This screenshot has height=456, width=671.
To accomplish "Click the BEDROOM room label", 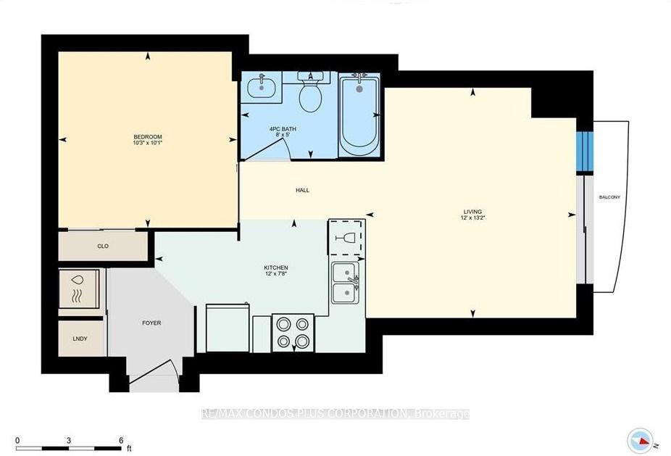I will pos(147,137).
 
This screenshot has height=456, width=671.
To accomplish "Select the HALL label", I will pos(302,190).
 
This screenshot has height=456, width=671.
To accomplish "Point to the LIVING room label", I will pos(472,212).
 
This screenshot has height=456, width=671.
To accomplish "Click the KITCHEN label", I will pos(276,268).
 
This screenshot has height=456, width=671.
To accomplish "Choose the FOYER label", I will pos(151,323).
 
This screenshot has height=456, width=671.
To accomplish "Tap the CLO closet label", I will pos(103,246).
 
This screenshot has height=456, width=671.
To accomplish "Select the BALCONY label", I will pos(609,197).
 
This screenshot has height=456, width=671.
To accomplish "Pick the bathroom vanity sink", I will pos(261,87).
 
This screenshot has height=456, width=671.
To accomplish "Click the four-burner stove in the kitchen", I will pos(293,333).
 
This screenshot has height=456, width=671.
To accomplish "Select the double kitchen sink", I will pos(346,283).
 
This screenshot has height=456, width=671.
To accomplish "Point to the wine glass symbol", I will pos(347,237).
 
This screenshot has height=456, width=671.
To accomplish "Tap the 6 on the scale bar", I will pos(121,440).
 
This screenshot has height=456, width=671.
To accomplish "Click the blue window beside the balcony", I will pos(584,152).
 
